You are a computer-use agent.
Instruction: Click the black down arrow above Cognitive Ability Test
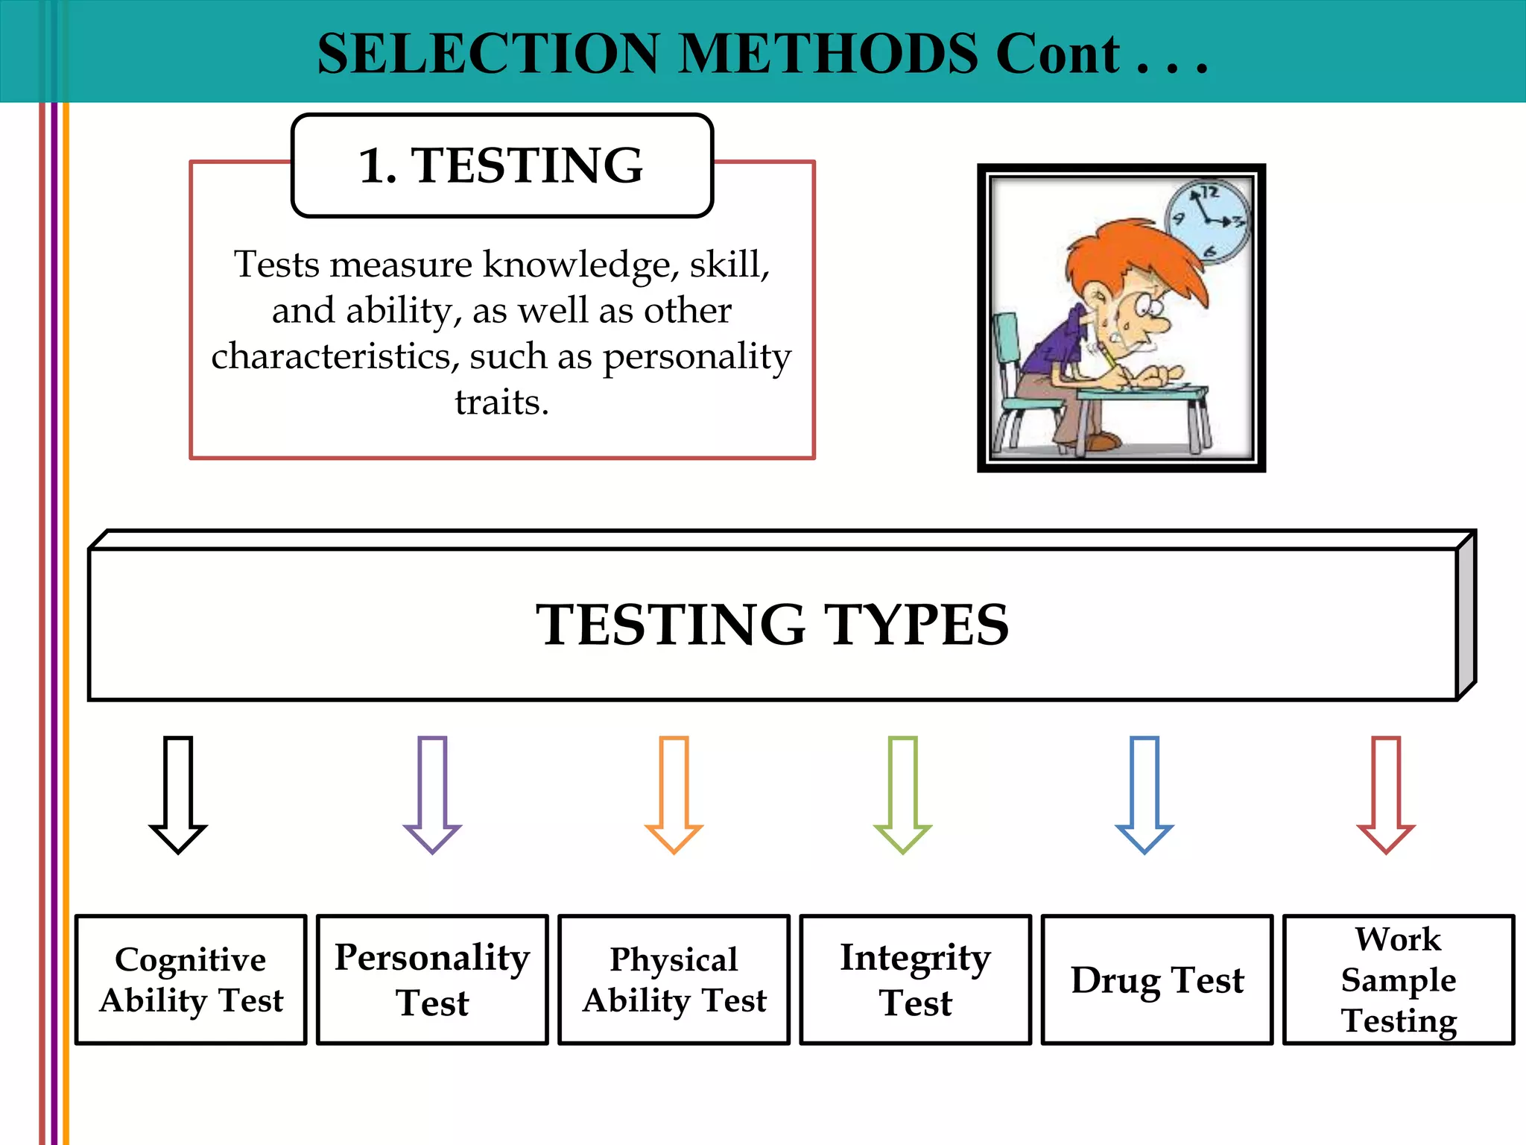[x=178, y=793]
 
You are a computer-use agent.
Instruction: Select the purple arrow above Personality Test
[x=432, y=793]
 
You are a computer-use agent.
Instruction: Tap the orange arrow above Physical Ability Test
[x=674, y=793]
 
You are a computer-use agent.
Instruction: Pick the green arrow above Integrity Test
[x=902, y=793]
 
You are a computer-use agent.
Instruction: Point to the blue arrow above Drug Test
[x=1144, y=793]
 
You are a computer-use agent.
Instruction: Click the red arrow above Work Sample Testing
[x=1386, y=793]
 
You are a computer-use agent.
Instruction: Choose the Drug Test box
[x=1157, y=980]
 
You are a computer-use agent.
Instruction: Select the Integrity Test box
[x=916, y=980]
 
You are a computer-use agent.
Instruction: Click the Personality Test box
[x=432, y=980]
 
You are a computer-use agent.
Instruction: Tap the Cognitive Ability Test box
[x=191, y=980]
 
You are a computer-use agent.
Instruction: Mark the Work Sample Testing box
[x=1399, y=980]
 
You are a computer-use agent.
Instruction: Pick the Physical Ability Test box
[x=674, y=980]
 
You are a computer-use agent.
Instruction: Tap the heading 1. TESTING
[x=501, y=165]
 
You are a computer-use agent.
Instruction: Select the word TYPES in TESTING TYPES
[x=916, y=625]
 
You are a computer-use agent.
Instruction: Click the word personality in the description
[x=697, y=357]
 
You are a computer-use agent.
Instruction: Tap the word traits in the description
[x=501, y=403]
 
